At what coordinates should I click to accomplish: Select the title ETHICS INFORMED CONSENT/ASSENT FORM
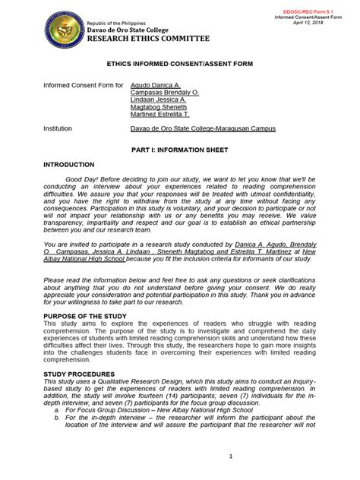pyautogui.click(x=180, y=67)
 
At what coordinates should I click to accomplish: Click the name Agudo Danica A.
pyautogui.click(x=155, y=86)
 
